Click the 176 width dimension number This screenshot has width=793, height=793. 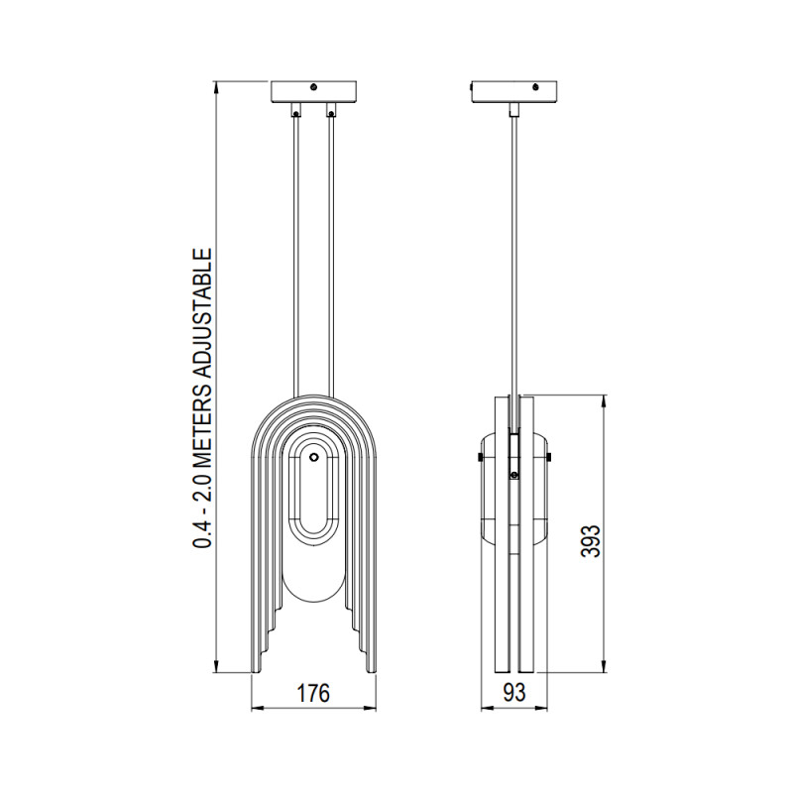click(x=313, y=693)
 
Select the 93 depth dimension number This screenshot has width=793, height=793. click(x=513, y=693)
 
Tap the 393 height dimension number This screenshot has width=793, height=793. click(x=592, y=535)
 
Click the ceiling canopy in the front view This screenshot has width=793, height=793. click(x=313, y=91)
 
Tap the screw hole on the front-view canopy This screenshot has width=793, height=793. click(x=314, y=87)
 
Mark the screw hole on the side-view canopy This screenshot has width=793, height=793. click(x=537, y=87)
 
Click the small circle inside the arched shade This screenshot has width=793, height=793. click(x=314, y=458)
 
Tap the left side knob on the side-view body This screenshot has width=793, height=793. click(x=480, y=456)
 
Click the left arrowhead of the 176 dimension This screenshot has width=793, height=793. click(x=256, y=709)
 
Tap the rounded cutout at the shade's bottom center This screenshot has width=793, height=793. click(x=313, y=585)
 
